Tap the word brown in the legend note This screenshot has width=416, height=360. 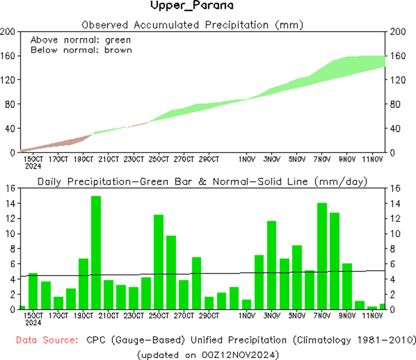point(118,50)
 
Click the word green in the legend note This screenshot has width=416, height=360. point(118,40)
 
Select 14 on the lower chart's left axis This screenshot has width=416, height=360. point(12,203)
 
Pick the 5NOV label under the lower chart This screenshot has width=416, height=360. point(297,316)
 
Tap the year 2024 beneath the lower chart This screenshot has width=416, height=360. point(33,322)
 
